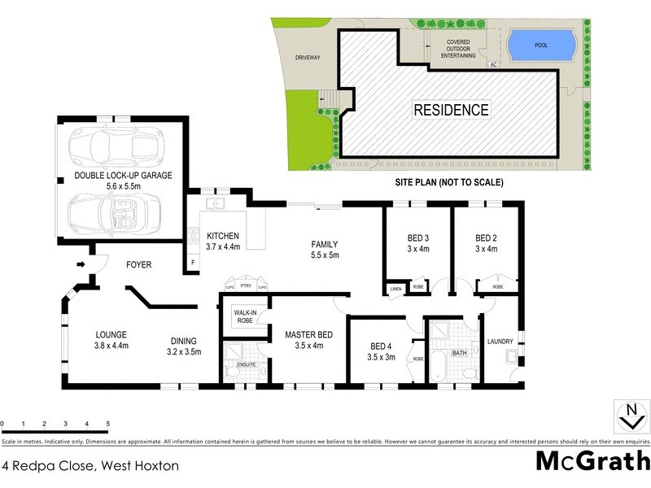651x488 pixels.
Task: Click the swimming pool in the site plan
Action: pyautogui.click(x=540, y=45)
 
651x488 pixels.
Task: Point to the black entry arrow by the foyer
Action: pyautogui.click(x=79, y=264)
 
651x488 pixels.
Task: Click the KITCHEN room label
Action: pyautogui.click(x=222, y=235)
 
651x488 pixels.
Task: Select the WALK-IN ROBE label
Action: pyautogui.click(x=246, y=316)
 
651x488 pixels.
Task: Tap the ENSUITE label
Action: pyautogui.click(x=246, y=364)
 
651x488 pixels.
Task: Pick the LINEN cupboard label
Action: pyautogui.click(x=395, y=289)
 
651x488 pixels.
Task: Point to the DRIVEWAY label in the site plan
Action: pyautogui.click(x=308, y=58)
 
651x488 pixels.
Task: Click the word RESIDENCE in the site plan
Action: pyautogui.click(x=451, y=109)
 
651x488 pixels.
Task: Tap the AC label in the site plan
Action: pyautogui.click(x=492, y=63)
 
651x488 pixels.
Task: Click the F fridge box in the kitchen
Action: pyautogui.click(x=192, y=264)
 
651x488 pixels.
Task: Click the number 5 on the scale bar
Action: pyautogui.click(x=108, y=424)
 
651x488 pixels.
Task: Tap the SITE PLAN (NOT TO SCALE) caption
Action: pyautogui.click(x=450, y=182)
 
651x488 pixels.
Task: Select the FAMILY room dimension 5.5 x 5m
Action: pyautogui.click(x=323, y=255)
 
